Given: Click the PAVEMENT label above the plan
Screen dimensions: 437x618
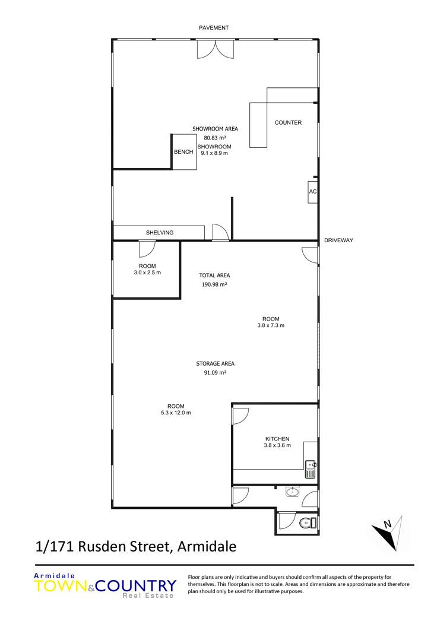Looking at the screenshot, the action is pos(214,27).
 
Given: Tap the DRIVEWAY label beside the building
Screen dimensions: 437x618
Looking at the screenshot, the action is pos(338,240).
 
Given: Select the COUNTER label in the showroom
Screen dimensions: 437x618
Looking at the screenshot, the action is pos(288,122).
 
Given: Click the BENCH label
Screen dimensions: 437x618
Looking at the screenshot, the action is pos(183,152).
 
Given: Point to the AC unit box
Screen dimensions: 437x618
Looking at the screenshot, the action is pos(313,192).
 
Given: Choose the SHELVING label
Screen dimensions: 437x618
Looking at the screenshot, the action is pos(160,233).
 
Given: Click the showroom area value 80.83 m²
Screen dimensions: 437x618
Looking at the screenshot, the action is pos(215,138).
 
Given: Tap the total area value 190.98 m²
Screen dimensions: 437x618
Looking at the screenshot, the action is pos(214,284).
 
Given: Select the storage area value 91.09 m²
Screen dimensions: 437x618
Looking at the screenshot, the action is pos(215,372).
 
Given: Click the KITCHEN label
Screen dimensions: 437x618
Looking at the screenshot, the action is pos(277,439).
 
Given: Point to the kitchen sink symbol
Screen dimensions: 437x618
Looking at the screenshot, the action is pos(311,470).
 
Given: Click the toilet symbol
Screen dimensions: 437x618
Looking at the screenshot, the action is pos(308,523).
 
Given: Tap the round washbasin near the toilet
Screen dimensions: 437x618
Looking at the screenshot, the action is pos(292,492).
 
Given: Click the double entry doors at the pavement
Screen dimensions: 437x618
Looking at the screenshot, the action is pos(215,49).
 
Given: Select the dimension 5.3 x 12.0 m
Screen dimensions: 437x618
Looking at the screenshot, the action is pos(176,413).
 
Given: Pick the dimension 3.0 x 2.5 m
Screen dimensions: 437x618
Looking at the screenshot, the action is pos(147,272).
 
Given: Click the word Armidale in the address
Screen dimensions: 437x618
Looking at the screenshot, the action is pos(207,546).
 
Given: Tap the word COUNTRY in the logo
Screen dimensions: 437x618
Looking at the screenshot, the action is pos(136,586).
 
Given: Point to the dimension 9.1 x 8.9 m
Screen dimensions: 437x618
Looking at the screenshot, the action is pos(214,153).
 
